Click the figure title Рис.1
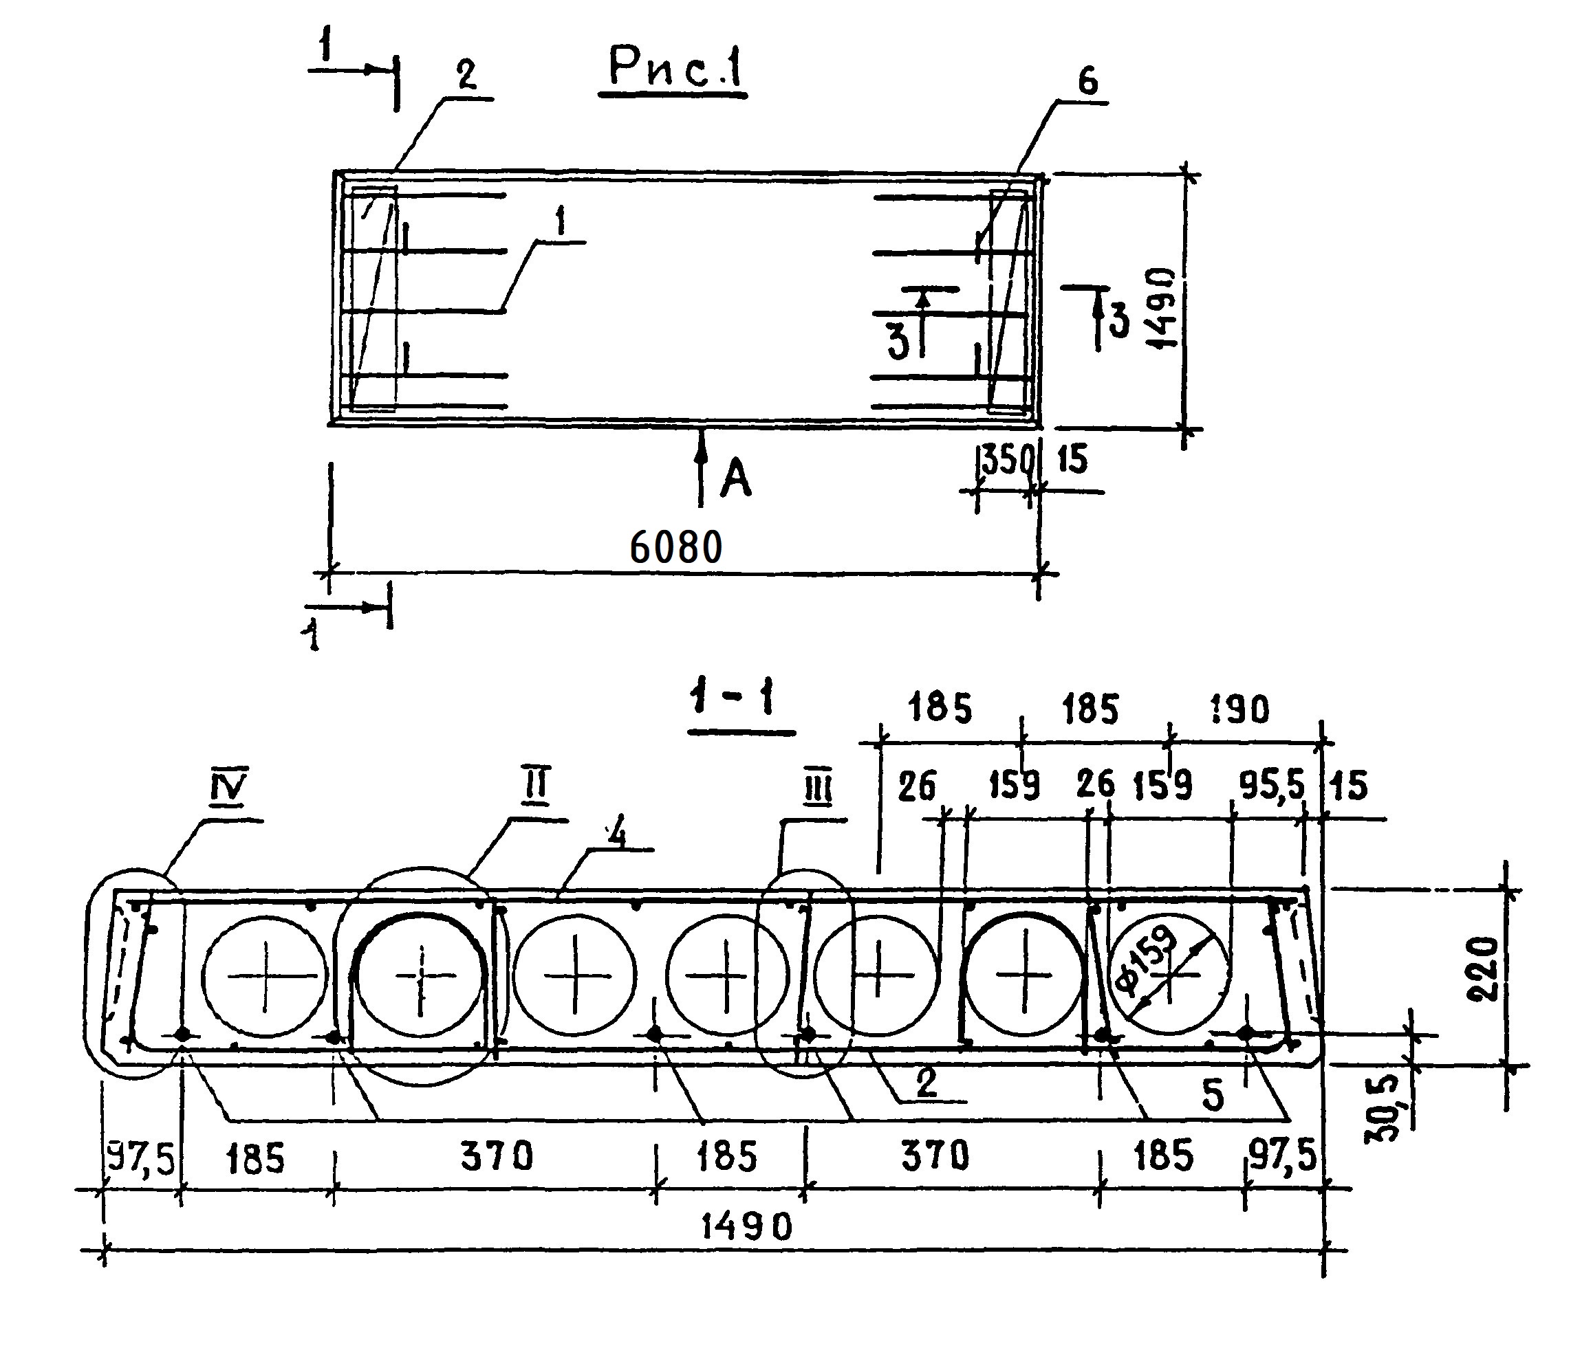674,69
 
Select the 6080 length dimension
675,549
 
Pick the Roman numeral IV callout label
228,790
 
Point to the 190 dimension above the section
1241,711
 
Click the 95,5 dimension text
1270,787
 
